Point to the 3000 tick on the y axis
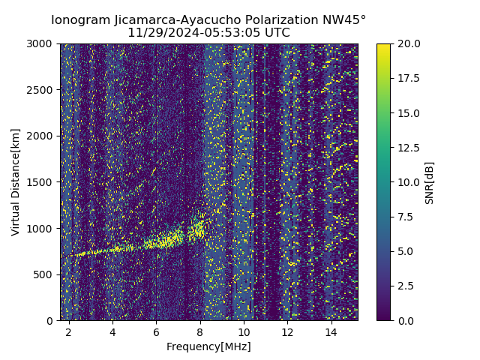(41, 44)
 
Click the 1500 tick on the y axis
(41, 182)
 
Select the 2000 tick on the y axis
(41, 136)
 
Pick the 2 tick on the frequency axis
(69, 331)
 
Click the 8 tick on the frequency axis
(200, 331)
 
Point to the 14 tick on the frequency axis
(331, 331)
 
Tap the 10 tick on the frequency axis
(244, 331)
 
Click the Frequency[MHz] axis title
(208, 346)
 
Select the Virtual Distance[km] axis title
(16, 182)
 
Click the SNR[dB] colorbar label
(430, 182)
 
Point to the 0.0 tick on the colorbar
(405, 320)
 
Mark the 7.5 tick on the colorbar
(405, 217)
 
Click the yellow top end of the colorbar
(383, 46)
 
